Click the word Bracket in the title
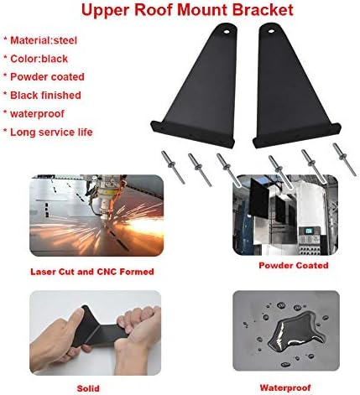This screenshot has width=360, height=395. [x=263, y=9]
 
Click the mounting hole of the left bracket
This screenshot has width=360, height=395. [x=227, y=32]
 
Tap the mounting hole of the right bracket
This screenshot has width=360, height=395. [x=271, y=31]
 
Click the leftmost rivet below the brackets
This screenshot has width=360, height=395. [x=173, y=168]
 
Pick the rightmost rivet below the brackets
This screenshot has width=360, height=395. [x=344, y=159]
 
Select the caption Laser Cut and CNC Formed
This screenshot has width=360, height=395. [x=92, y=272]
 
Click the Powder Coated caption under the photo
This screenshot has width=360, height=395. [x=294, y=265]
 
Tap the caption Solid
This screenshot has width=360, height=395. [x=88, y=388]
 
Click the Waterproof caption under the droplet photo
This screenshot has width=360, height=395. [x=285, y=387]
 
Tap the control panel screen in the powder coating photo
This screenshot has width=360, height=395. [x=307, y=231]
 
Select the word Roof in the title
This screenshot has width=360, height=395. [x=154, y=9]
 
